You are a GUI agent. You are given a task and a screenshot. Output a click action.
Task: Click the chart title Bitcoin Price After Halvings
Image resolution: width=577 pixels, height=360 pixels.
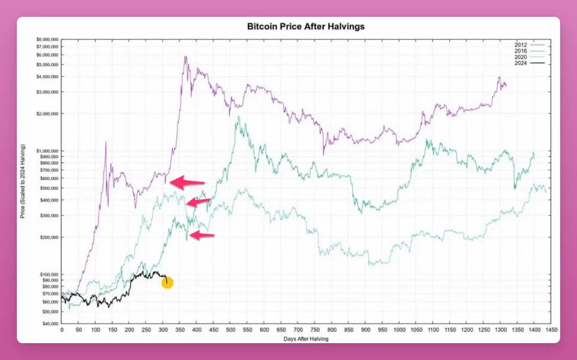pyautogui.click(x=305, y=27)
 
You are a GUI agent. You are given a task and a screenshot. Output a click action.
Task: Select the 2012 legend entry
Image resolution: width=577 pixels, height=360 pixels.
pyautogui.click(x=528, y=44)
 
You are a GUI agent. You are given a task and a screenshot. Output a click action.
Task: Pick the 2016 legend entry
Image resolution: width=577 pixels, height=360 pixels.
pyautogui.click(x=528, y=50)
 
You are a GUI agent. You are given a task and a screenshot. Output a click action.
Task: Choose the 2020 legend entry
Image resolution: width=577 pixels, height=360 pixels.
pyautogui.click(x=528, y=56)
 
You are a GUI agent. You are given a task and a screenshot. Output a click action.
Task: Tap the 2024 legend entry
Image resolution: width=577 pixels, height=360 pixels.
pyautogui.click(x=528, y=62)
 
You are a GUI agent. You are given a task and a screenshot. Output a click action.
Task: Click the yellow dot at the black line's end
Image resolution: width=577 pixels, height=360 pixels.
pyautogui.click(x=167, y=283)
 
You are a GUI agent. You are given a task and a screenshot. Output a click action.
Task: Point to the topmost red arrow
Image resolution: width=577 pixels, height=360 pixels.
pyautogui.click(x=188, y=182)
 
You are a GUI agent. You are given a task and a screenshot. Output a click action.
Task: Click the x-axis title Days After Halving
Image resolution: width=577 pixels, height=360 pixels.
pyautogui.click(x=306, y=338)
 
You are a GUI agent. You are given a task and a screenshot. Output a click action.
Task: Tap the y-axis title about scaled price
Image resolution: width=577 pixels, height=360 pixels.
pyautogui.click(x=23, y=181)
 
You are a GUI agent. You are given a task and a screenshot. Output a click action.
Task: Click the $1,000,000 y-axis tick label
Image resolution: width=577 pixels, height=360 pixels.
pyautogui.click(x=48, y=151)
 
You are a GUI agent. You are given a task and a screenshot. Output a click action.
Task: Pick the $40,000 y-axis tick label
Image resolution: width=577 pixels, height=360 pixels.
pyautogui.click(x=50, y=324)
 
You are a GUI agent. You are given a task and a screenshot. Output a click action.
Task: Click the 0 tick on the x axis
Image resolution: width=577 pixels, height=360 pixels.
pyautogui.click(x=62, y=331)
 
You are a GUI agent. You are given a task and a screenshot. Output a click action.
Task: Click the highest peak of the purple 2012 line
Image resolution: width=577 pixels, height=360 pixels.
pyautogui.click(x=185, y=57)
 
